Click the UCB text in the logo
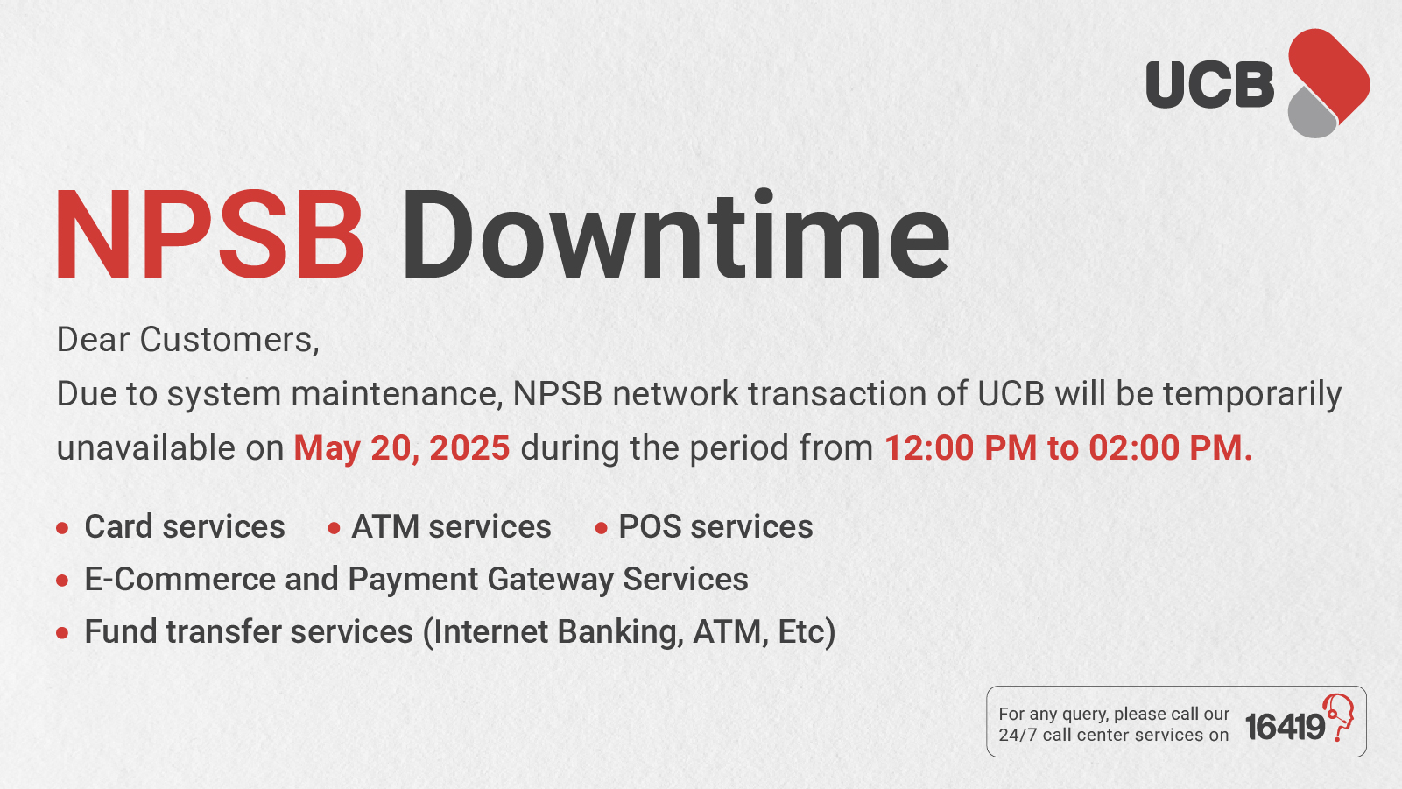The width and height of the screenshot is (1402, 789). pyautogui.click(x=1210, y=84)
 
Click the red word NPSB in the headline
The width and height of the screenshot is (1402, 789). pyautogui.click(x=209, y=235)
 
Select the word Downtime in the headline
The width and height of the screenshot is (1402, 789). pyautogui.click(x=675, y=234)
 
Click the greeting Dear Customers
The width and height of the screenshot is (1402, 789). pyautogui.click(x=187, y=340)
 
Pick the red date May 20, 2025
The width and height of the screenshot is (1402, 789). pyautogui.click(x=402, y=448)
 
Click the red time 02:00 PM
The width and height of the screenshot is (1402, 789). pyautogui.click(x=1171, y=448)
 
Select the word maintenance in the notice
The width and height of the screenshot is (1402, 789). pyautogui.click(x=397, y=394)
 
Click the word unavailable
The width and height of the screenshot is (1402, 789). pyautogui.click(x=146, y=448)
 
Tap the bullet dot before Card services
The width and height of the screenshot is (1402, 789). pyautogui.click(x=62, y=528)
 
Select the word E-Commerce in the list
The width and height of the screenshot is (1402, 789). pyautogui.click(x=180, y=579)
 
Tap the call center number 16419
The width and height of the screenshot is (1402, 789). pyautogui.click(x=1285, y=727)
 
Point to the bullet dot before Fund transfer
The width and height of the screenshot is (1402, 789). pyautogui.click(x=62, y=633)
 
